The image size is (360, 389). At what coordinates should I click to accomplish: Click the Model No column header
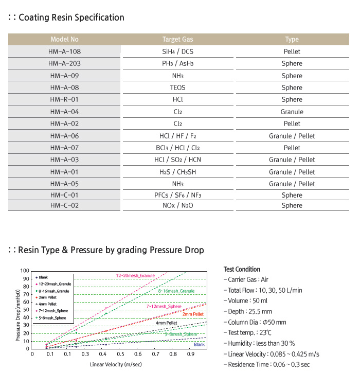pyautogui.click(x=64, y=39)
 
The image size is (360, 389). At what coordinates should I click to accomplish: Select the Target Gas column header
pyautogui.click(x=178, y=39)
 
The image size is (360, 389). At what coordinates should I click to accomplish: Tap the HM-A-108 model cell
pyautogui.click(x=64, y=51)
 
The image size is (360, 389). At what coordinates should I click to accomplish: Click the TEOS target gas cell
pyautogui.click(x=178, y=87)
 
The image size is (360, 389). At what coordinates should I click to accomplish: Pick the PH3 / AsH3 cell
pyautogui.click(x=178, y=63)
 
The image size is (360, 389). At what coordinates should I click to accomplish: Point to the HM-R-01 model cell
pyautogui.click(x=64, y=99)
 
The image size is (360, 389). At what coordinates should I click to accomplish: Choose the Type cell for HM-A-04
pyautogui.click(x=292, y=112)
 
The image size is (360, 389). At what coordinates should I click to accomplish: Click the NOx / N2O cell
pyautogui.click(x=178, y=205)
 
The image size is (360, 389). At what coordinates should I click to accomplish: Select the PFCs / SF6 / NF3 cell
pyautogui.click(x=178, y=195)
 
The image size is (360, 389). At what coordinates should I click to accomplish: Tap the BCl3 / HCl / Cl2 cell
pyautogui.click(x=178, y=148)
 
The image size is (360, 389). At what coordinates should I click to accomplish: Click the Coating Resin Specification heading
pyautogui.click(x=71, y=17)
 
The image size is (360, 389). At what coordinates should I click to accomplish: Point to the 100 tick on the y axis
pyautogui.click(x=25, y=271)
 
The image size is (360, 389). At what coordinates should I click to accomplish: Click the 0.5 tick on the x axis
pyautogui.click(x=120, y=354)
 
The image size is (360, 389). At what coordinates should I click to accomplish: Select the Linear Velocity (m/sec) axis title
pyautogui.click(x=116, y=364)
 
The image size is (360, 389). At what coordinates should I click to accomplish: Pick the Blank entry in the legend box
pyautogui.click(x=42, y=277)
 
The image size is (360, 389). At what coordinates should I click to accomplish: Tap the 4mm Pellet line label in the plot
pyautogui.click(x=166, y=323)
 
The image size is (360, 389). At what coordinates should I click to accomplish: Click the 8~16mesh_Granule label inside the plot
pyautogui.click(x=176, y=291)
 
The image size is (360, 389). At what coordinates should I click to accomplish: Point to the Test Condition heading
pyautogui.click(x=242, y=270)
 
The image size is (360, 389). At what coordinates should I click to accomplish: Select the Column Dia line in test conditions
pyautogui.click(x=255, y=322)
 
